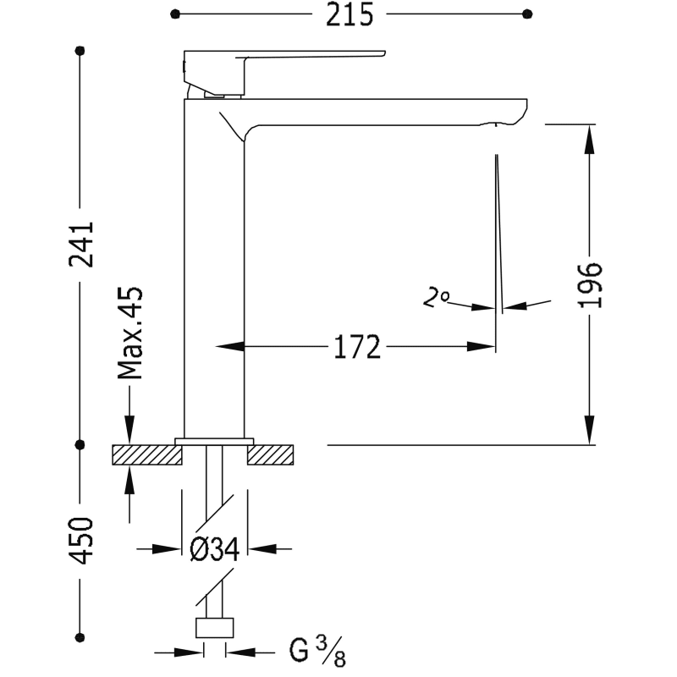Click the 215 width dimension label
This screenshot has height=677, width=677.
350,14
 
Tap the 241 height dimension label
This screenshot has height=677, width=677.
81,245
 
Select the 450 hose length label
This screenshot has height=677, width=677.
81,541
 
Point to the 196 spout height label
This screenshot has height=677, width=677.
590,285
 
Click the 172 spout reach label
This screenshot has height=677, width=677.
357,347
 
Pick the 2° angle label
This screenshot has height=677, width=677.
436,297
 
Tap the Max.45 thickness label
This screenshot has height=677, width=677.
130,333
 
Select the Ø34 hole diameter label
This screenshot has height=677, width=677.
215,549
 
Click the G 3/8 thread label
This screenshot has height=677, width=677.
317,652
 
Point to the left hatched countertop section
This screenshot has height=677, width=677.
147,454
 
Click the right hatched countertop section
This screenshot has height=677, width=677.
270,454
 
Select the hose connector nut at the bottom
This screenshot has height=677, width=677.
215,628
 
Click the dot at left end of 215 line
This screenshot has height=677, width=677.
175,14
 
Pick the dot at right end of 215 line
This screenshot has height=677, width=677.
527,14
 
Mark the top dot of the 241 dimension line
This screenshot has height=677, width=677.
80,51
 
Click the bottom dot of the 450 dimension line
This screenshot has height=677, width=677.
80,637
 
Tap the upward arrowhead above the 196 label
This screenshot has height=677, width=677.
589,139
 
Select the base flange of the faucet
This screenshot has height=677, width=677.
214,441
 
